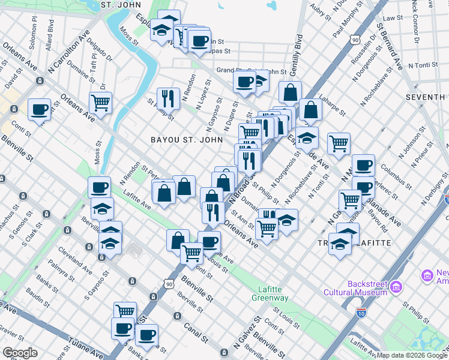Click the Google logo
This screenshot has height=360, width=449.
[20, 353]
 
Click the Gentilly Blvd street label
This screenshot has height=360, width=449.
[295, 54]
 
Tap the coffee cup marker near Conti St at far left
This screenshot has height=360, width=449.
[40, 110]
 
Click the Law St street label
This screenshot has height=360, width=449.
[393, 18]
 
